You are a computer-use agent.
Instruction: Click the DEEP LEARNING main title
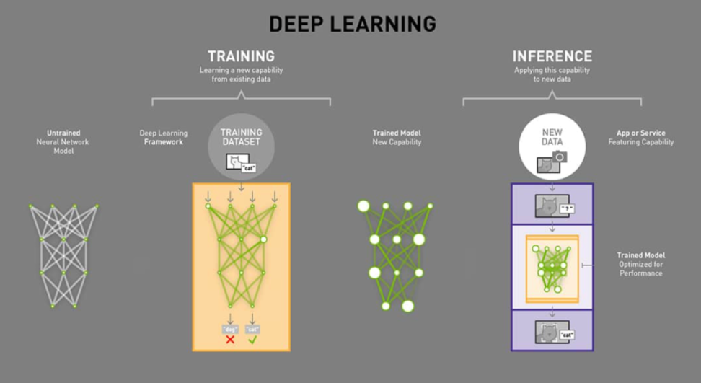[x=352, y=23]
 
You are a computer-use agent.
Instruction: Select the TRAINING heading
[x=241, y=56]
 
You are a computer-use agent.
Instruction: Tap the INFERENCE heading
[x=552, y=56]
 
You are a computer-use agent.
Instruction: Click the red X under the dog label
[x=230, y=339]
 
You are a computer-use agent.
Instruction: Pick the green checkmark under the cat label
[x=252, y=339]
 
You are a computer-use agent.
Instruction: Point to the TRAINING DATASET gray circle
[x=241, y=144]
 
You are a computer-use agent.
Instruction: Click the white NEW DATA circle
[x=552, y=144]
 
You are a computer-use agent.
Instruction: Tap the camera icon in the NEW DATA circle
[x=560, y=158]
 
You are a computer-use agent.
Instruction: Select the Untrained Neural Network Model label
[x=63, y=142]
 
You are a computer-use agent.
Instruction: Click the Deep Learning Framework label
[x=163, y=138]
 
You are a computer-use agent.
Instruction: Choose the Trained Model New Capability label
[x=397, y=138]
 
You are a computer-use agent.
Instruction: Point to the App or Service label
[x=641, y=138]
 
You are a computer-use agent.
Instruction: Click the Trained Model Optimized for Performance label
[x=640, y=265]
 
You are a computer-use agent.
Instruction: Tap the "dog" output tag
[x=230, y=329]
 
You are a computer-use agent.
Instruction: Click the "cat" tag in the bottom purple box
[x=567, y=335]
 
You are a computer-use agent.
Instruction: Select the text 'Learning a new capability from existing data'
[x=241, y=75]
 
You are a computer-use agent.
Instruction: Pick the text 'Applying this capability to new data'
[x=552, y=75]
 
